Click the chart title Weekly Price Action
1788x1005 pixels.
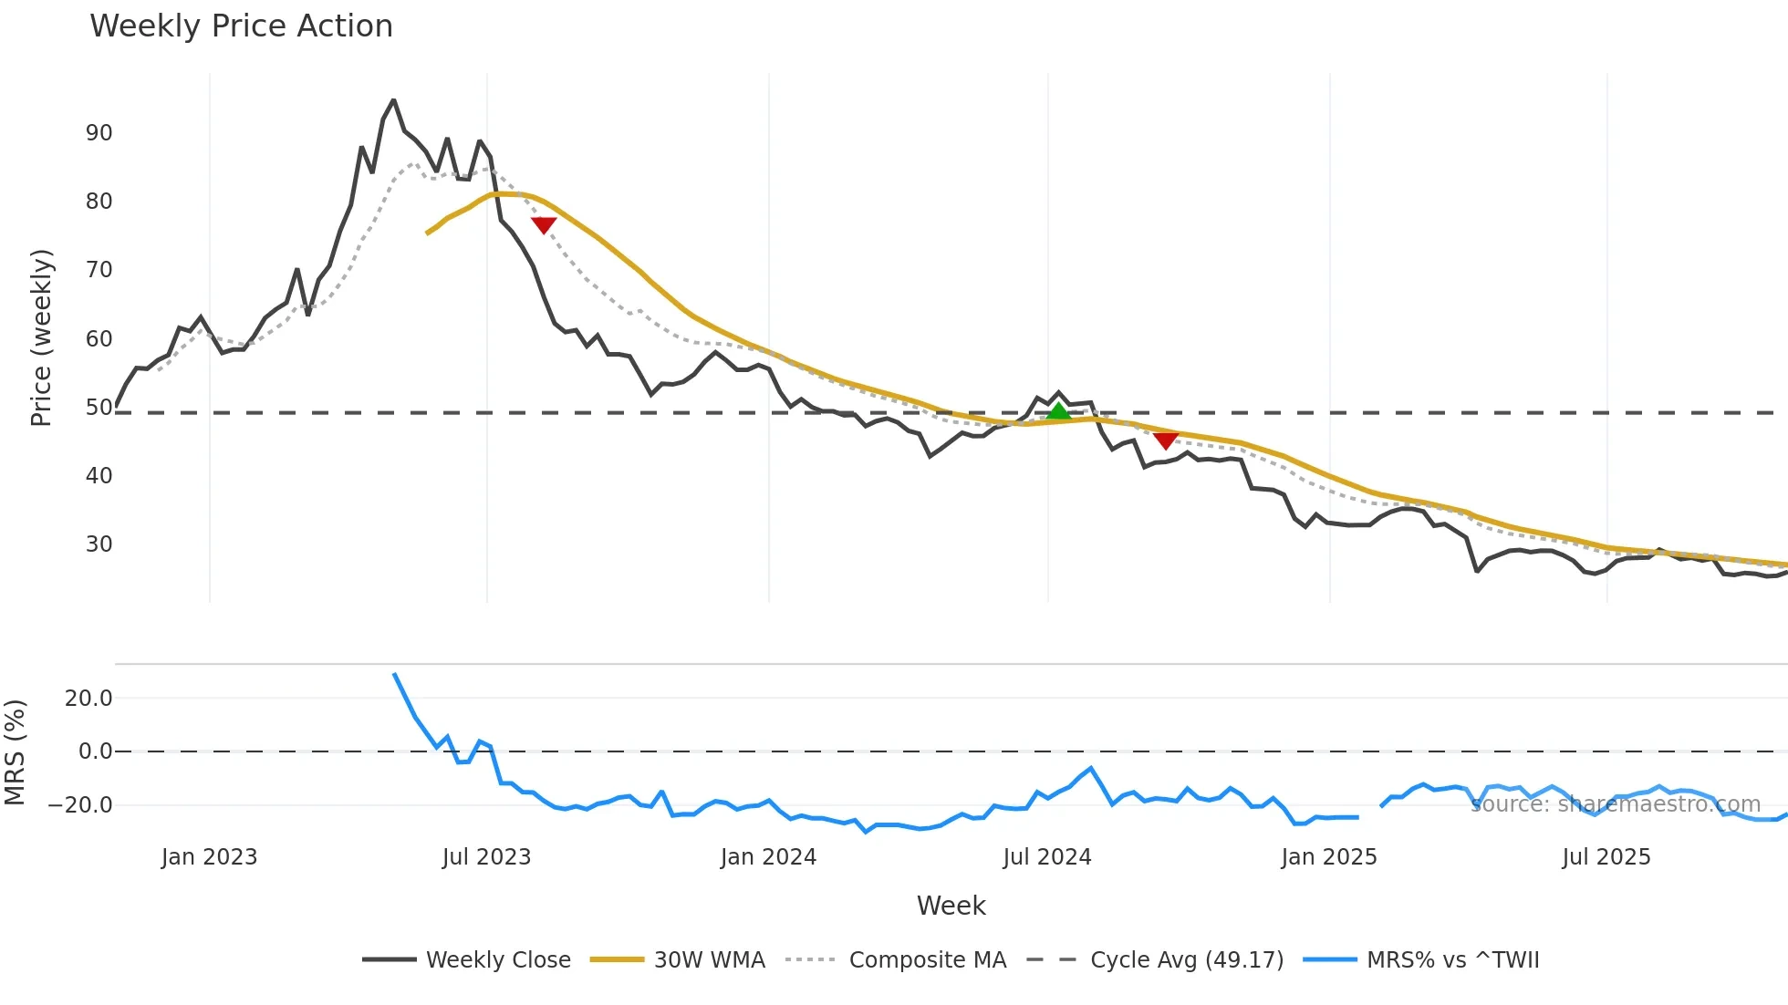click(241, 26)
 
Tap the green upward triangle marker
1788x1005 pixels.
click(1058, 411)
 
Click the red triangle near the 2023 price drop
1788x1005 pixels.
click(544, 224)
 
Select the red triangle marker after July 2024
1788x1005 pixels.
click(1165, 440)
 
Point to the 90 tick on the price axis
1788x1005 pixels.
click(99, 133)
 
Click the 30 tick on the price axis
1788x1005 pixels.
click(99, 544)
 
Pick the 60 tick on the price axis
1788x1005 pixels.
click(99, 339)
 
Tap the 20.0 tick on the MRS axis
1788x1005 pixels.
click(88, 699)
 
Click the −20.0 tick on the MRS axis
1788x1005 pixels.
click(80, 805)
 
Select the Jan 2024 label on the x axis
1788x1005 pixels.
click(768, 857)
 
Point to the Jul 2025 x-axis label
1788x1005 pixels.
click(1606, 857)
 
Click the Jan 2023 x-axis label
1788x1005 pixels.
click(209, 857)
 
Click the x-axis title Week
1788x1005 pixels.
click(951, 906)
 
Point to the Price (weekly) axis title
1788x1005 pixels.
click(41, 337)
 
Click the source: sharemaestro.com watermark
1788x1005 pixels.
click(1616, 804)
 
